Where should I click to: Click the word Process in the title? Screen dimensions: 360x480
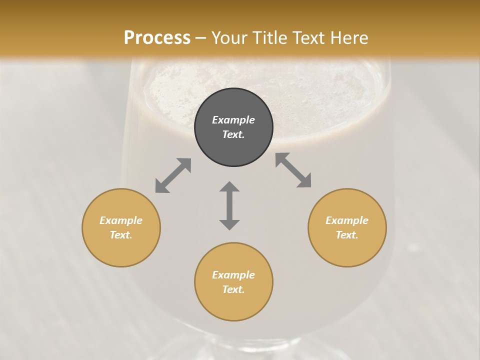coord(157,37)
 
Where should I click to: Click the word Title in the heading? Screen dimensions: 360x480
coord(269,37)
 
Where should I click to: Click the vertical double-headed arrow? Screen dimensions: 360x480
coord(229,205)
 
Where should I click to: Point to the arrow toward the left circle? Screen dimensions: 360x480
coord(173,175)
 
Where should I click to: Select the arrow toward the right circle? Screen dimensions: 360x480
coord(293,170)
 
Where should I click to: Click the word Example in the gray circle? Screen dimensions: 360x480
coord(233,120)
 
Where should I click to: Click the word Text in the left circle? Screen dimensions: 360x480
coord(120,235)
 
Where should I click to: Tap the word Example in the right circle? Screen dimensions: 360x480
coord(347,220)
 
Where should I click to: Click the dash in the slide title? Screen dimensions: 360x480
coord(201,38)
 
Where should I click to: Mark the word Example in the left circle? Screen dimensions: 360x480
coord(121,220)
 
